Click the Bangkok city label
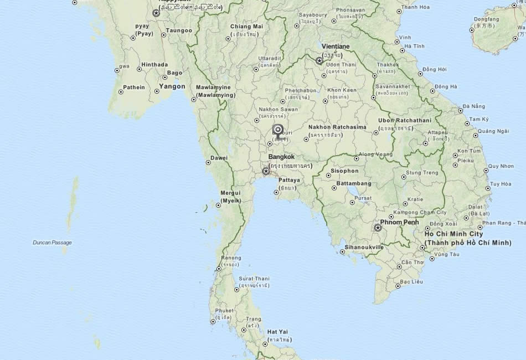(x=281, y=157)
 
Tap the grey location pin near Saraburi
(x=279, y=131)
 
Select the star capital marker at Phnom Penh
(x=378, y=228)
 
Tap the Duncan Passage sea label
(x=52, y=243)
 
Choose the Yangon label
(x=172, y=86)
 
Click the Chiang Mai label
(x=246, y=26)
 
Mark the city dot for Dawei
(x=208, y=162)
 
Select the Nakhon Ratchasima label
(x=337, y=127)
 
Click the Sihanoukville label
(x=364, y=247)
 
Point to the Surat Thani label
(x=254, y=278)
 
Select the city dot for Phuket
(x=213, y=321)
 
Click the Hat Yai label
(x=277, y=332)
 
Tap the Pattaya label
(x=289, y=180)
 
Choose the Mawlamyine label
(x=213, y=87)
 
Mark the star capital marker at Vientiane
(x=319, y=61)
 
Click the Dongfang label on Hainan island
(x=486, y=19)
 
